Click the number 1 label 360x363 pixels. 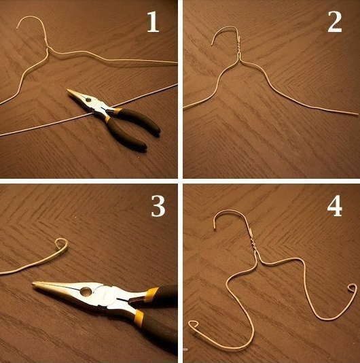tap(153, 22)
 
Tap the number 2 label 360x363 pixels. tap(335, 22)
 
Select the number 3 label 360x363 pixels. tap(158, 206)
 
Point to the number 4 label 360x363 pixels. tap(335, 206)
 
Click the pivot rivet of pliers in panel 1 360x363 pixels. tap(88, 100)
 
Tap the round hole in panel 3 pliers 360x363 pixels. tap(86, 291)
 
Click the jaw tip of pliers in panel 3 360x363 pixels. tap(34, 283)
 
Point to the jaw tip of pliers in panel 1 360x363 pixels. tap(68, 90)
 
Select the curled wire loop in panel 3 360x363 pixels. tap(62, 244)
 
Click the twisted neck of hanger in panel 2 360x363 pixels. tap(238, 46)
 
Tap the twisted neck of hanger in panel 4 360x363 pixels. tap(253, 242)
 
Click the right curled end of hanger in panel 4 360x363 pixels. tap(353, 288)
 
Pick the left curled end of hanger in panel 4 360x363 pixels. tap(194, 324)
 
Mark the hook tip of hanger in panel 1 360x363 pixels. tap(17, 28)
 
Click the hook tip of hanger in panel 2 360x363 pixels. tap(212, 44)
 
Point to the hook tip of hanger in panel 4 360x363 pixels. tap(215, 229)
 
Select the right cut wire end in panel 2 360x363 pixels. tap(357, 114)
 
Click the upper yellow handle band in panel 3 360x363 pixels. tap(151, 292)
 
